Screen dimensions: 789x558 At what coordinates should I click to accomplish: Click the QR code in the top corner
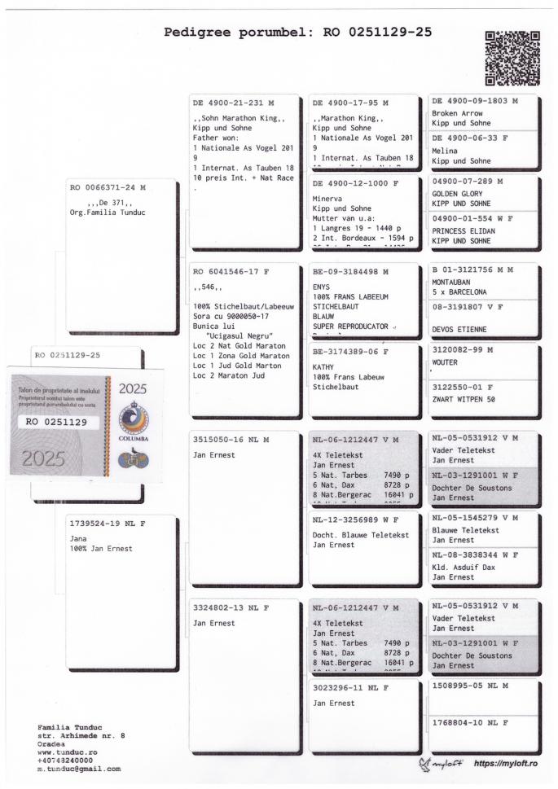click(512, 58)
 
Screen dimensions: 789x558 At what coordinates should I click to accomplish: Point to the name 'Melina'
click(445, 151)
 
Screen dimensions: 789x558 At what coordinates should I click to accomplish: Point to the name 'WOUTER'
click(446, 362)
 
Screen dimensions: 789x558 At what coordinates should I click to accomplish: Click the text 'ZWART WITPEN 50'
click(464, 400)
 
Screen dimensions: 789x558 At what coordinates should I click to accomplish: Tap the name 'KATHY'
click(323, 366)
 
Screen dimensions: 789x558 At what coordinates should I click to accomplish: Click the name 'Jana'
click(79, 538)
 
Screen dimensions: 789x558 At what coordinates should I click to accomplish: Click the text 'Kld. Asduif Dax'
click(464, 568)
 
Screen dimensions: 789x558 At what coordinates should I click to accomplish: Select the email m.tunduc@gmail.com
click(79, 768)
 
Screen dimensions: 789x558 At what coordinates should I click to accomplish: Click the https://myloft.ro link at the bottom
click(505, 763)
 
